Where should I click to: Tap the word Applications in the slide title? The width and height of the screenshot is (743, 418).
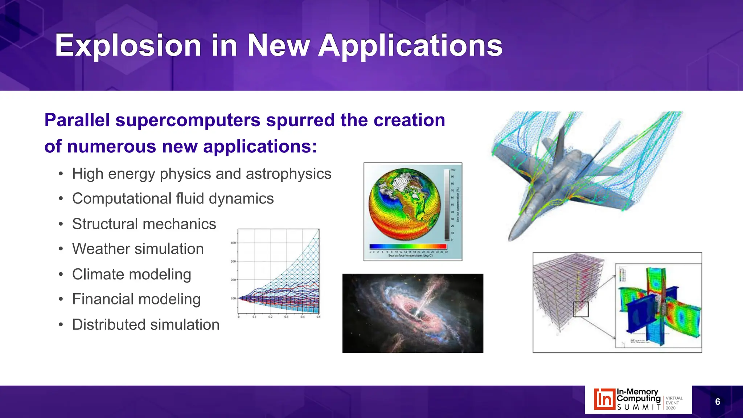(410, 45)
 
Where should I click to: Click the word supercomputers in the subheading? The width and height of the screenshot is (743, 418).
(188, 120)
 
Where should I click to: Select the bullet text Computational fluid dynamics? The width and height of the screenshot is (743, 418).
(173, 198)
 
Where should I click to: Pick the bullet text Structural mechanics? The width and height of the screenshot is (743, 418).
(144, 224)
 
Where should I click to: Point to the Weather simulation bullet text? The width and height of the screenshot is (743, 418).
(138, 249)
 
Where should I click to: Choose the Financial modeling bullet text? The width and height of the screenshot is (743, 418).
(136, 299)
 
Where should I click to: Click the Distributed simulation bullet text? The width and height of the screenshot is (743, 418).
(146, 324)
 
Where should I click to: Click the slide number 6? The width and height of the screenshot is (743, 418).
(717, 402)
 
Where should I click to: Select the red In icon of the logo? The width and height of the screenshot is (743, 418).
(604, 399)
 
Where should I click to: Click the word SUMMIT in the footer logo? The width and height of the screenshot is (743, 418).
(639, 407)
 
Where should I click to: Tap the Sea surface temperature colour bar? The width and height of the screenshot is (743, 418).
(408, 246)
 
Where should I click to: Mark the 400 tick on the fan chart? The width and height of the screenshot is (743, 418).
(233, 243)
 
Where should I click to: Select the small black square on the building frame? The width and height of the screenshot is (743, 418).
(580, 309)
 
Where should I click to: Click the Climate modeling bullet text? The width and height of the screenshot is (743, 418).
(131, 274)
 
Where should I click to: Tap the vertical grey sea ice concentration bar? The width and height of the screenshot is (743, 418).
(447, 204)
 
